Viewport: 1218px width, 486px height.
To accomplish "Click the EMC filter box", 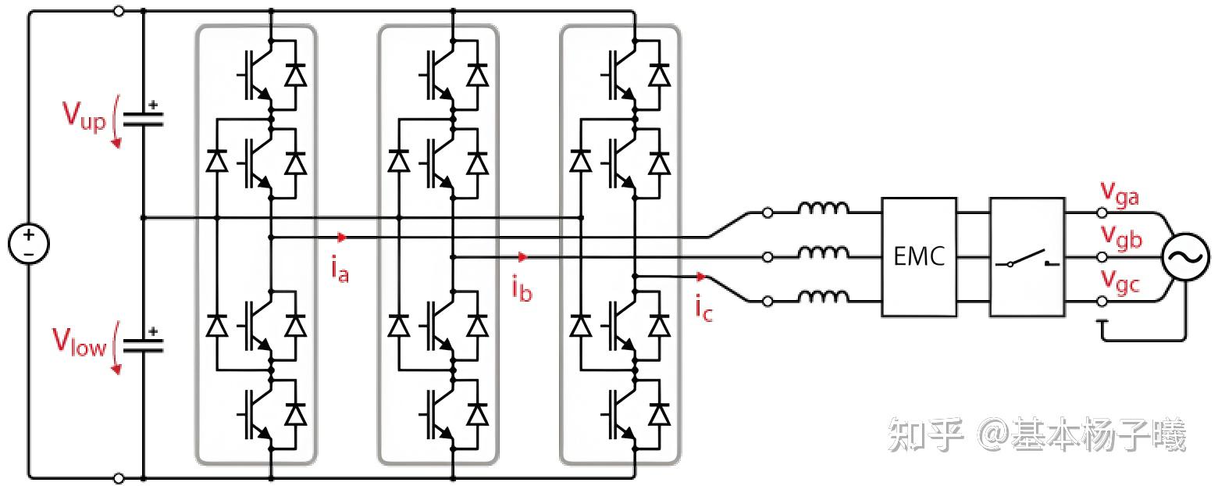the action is tap(919, 256).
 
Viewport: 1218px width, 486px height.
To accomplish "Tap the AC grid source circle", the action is tap(1185, 256).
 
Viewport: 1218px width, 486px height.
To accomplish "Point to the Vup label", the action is tap(84, 116).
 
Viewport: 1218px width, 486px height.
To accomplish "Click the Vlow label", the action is tap(79, 342).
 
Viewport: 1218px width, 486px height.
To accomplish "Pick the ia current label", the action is tap(340, 270).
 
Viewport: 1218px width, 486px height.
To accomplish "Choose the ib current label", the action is tap(522, 288).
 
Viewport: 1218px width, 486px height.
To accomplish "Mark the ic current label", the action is tap(703, 308).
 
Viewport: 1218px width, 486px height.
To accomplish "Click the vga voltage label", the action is tap(1120, 195).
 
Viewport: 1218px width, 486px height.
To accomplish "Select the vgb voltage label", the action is tap(1121, 238).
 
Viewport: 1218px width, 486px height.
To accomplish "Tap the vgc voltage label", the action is tap(1120, 281).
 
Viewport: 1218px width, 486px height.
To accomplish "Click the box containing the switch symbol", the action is tap(1027, 256).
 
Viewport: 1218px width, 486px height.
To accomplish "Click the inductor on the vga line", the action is tap(823, 209).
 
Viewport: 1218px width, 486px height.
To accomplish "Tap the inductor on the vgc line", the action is tap(823, 296).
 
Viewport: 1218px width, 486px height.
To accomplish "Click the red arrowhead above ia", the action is tap(342, 238).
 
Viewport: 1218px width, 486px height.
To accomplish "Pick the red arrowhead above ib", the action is tap(523, 257).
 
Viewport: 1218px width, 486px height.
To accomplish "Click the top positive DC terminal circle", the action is tap(119, 10).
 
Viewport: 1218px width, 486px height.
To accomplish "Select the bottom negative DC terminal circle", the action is tap(119, 479).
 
